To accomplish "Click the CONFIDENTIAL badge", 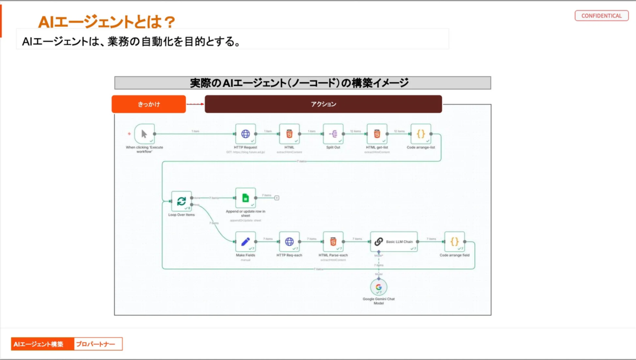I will tap(601, 16).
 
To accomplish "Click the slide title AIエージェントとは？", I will tap(107, 22).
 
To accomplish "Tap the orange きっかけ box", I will tap(148, 104).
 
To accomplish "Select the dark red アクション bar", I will tap(323, 104).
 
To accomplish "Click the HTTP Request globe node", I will tap(245, 134).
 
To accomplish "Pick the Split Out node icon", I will tap(333, 134).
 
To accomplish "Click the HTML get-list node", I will tap(377, 134).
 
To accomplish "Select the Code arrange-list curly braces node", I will tap(421, 134).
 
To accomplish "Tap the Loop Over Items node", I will tap(181, 201).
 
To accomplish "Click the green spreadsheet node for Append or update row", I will tap(245, 198).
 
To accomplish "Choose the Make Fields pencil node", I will tap(245, 242).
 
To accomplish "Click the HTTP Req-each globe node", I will tap(289, 242).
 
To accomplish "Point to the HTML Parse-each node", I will tap(333, 242).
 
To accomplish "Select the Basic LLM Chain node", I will tap(394, 242).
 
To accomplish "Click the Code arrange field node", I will tap(455, 242).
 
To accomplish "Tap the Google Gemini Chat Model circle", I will tap(378, 287).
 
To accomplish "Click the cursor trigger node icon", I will tap(144, 134).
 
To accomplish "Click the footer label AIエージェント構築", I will tap(42, 344).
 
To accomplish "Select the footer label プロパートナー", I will tap(98, 344).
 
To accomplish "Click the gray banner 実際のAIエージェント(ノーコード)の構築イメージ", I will tap(303, 83).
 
